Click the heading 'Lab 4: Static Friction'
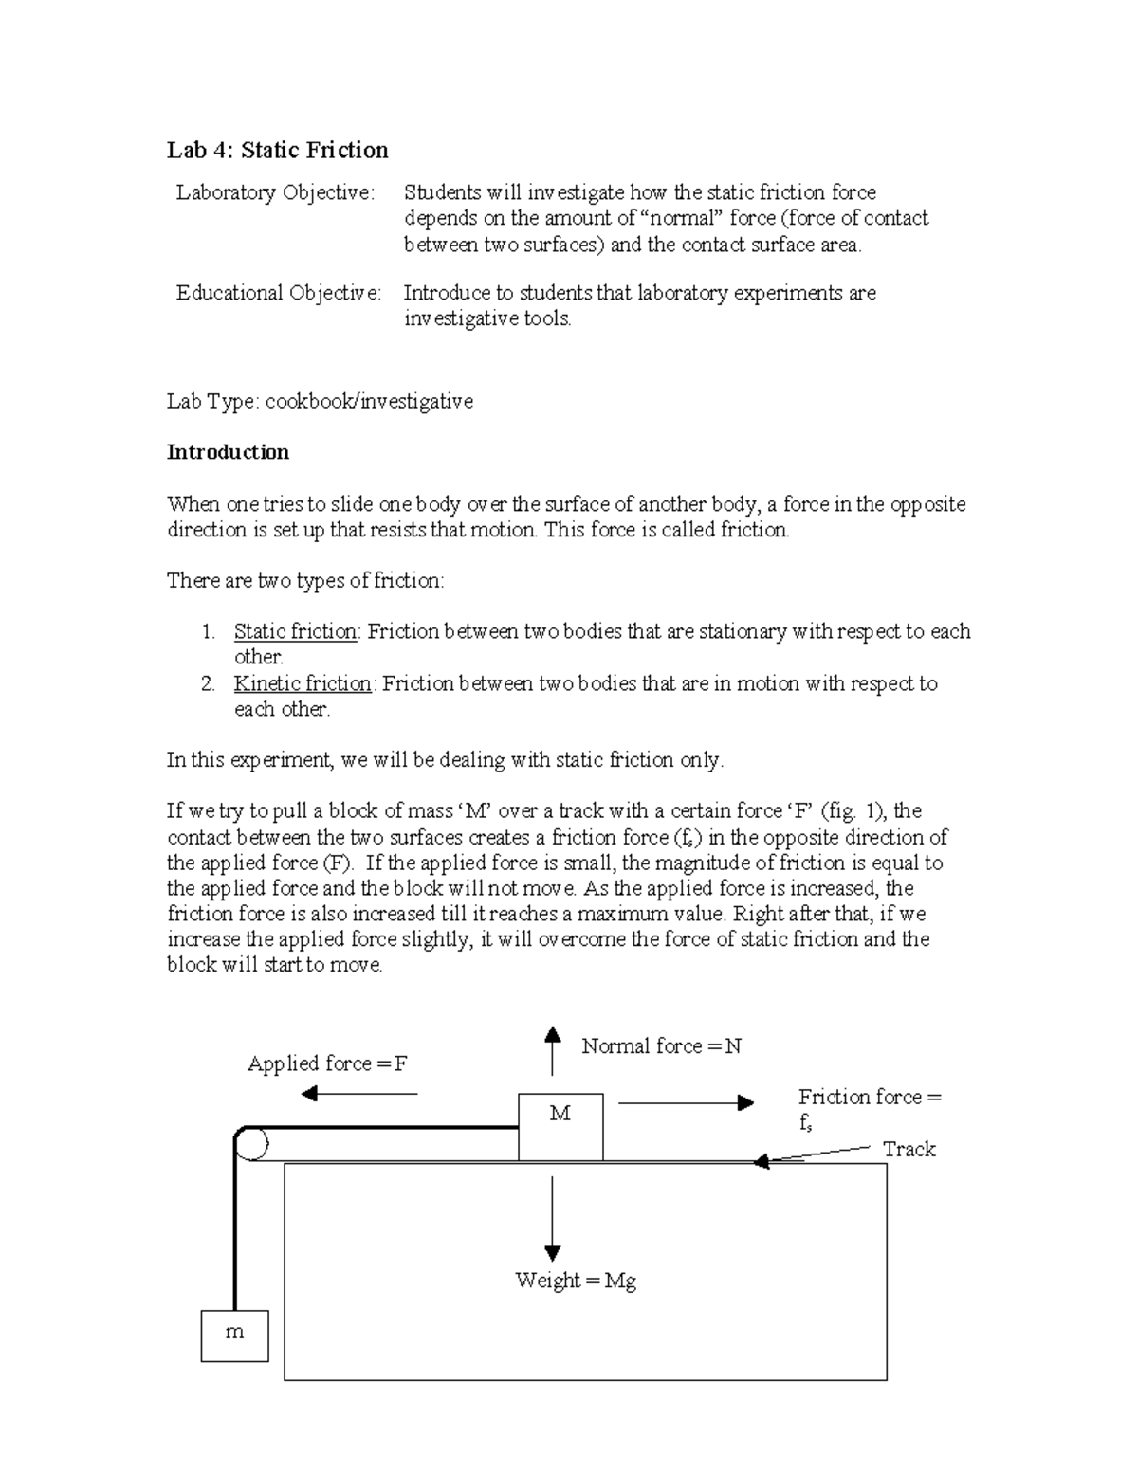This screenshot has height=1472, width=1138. click(x=277, y=150)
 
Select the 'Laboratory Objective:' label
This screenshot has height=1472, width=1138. click(x=275, y=192)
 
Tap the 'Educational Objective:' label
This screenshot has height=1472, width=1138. click(x=279, y=293)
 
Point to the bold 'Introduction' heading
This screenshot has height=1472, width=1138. click(x=228, y=452)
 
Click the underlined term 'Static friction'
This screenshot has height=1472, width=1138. click(x=295, y=631)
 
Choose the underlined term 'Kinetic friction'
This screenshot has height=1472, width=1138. click(x=303, y=683)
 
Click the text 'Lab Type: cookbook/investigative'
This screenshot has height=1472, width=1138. click(x=320, y=401)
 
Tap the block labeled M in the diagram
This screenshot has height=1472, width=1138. click(x=560, y=1126)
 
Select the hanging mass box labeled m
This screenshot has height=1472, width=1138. click(x=234, y=1336)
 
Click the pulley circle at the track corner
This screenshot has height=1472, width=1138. click(x=251, y=1143)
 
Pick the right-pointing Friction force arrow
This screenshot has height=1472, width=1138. click(x=686, y=1102)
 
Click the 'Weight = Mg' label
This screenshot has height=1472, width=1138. click(x=575, y=1281)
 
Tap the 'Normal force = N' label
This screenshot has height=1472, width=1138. click(x=661, y=1045)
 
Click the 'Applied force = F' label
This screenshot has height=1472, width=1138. click(x=327, y=1063)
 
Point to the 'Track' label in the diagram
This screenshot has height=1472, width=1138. click(x=909, y=1149)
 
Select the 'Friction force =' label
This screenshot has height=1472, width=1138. click(x=870, y=1097)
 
